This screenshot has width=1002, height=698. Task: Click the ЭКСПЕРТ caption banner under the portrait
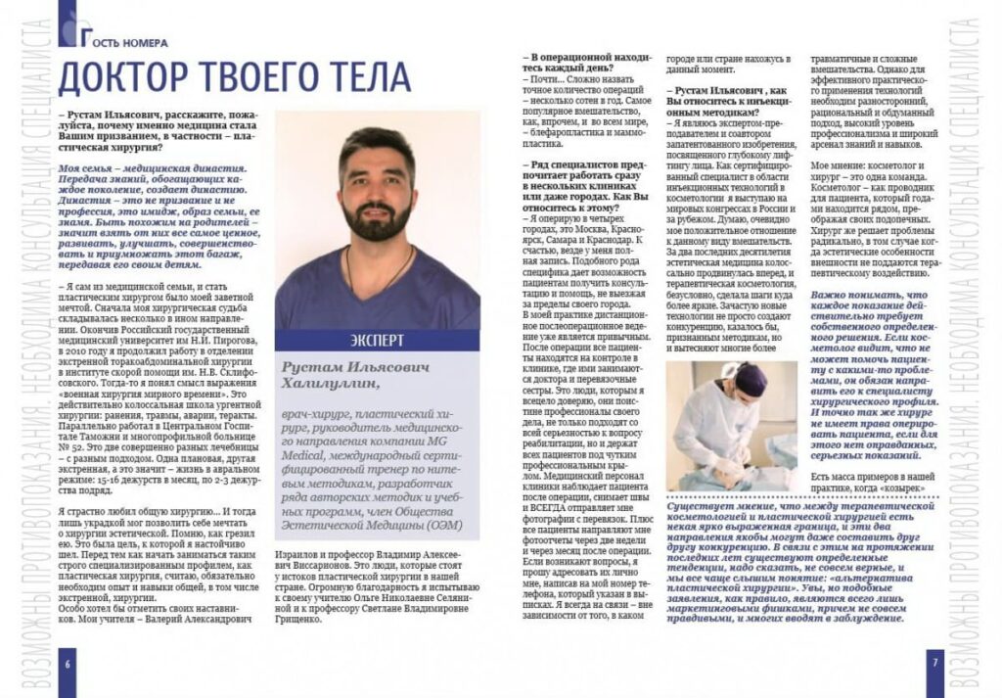pyautogui.click(x=379, y=341)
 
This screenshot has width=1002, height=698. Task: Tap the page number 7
pyautogui.click(x=934, y=663)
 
